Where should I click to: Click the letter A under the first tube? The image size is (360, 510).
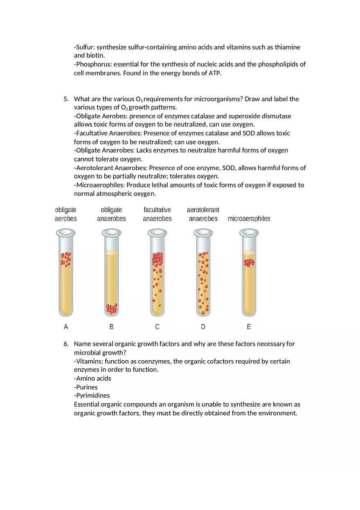coord(66,326)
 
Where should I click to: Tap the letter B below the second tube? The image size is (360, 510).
coord(111,326)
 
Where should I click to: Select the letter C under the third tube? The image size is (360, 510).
coord(157,326)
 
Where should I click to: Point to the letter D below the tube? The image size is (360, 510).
coord(203,326)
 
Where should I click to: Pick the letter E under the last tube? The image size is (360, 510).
coord(249,326)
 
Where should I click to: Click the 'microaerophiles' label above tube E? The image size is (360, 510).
coord(249,219)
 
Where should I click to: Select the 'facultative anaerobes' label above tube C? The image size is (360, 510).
coord(157,214)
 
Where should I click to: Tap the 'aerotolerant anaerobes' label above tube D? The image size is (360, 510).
coord(203,214)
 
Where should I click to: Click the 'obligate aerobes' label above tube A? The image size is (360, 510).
coord(66,214)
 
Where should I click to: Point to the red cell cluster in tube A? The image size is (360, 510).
coord(65,259)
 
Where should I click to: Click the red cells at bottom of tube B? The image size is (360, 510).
coord(111,308)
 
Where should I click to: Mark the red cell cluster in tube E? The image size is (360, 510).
coord(249,262)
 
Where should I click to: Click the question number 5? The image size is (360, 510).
coord(66,99)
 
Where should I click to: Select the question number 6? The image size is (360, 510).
coord(66,344)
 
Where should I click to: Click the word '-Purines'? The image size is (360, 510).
coord(86,387)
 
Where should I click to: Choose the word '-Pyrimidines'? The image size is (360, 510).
coord(92,395)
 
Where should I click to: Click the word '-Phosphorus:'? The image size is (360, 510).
coord(93,64)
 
